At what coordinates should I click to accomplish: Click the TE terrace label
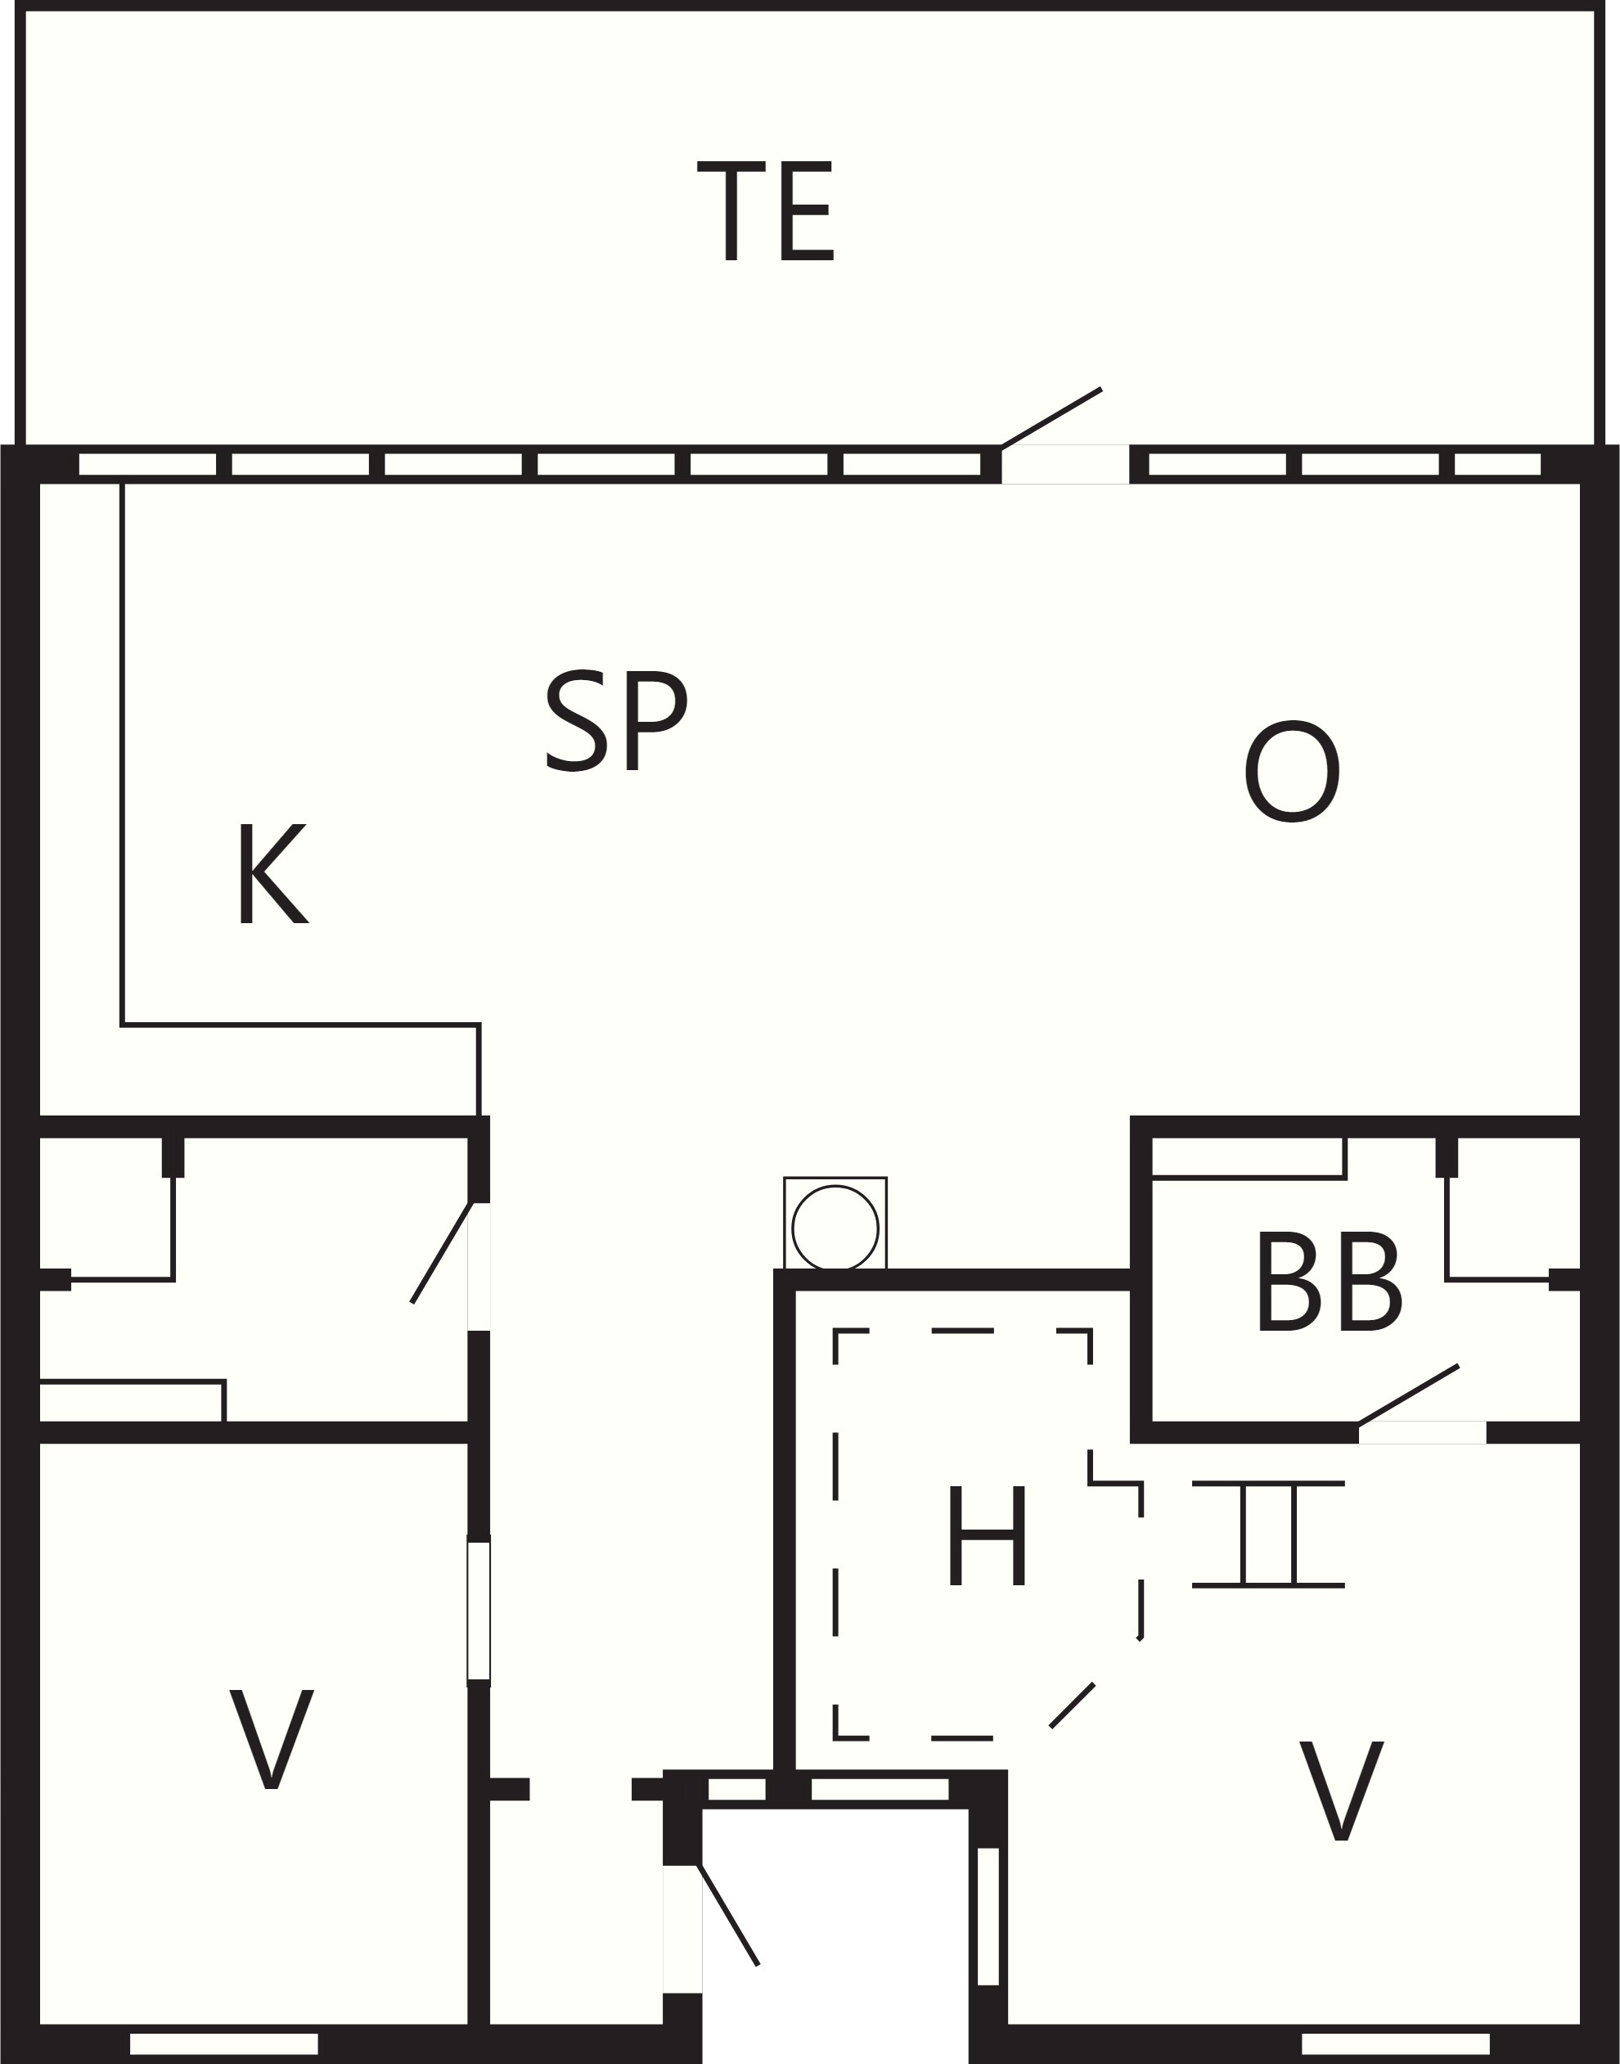pyautogui.click(x=766, y=210)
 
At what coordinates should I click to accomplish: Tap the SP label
pyautogui.click(x=617, y=721)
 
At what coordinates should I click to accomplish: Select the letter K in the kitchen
pyautogui.click(x=272, y=872)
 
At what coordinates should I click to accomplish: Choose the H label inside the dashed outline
pyautogui.click(x=988, y=1535)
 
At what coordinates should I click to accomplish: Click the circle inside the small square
pyautogui.click(x=835, y=1228)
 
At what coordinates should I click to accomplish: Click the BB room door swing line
pyautogui.click(x=1408, y=1395)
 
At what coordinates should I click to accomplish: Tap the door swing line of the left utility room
pyautogui.click(x=441, y=1252)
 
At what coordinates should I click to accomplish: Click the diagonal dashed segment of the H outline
pyautogui.click(x=1072, y=1706)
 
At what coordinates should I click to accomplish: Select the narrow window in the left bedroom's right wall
pyautogui.click(x=479, y=1611)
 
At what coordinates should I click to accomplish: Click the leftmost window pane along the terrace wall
pyautogui.click(x=147, y=464)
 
